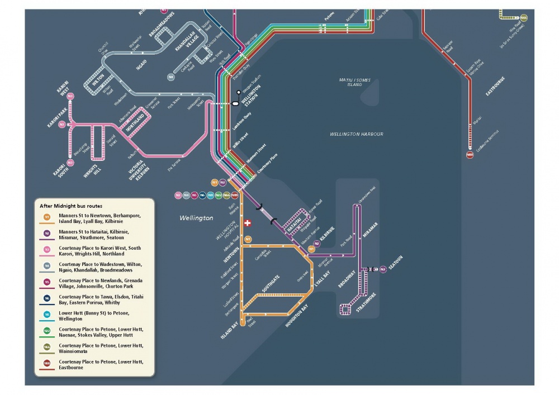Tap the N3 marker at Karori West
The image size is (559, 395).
[70, 96]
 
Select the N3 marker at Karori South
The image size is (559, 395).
[70, 162]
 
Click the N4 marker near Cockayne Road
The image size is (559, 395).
[170, 77]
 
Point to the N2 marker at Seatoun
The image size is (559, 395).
[383, 269]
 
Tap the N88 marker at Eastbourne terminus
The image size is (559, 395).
[470, 155]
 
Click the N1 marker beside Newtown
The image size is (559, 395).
[248, 239]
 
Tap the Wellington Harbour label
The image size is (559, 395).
[357, 134]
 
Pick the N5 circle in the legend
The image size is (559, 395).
[47, 282]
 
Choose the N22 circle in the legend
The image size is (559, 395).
[47, 331]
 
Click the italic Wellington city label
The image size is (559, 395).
[196, 218]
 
